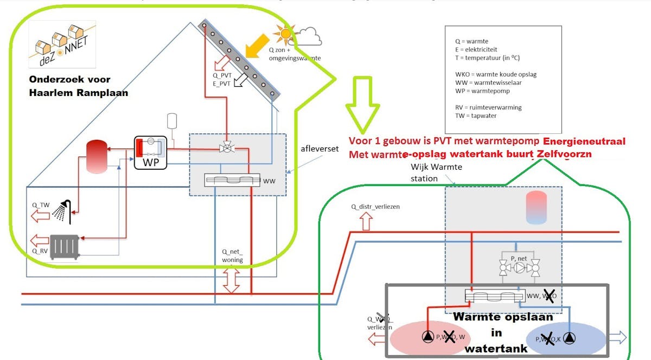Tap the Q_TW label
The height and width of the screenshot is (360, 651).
coord(40,204)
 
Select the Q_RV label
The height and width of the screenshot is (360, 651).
coord(40,251)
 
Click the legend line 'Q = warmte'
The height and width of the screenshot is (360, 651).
coord(471,41)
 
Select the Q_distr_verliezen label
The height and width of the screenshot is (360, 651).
coord(375,207)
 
